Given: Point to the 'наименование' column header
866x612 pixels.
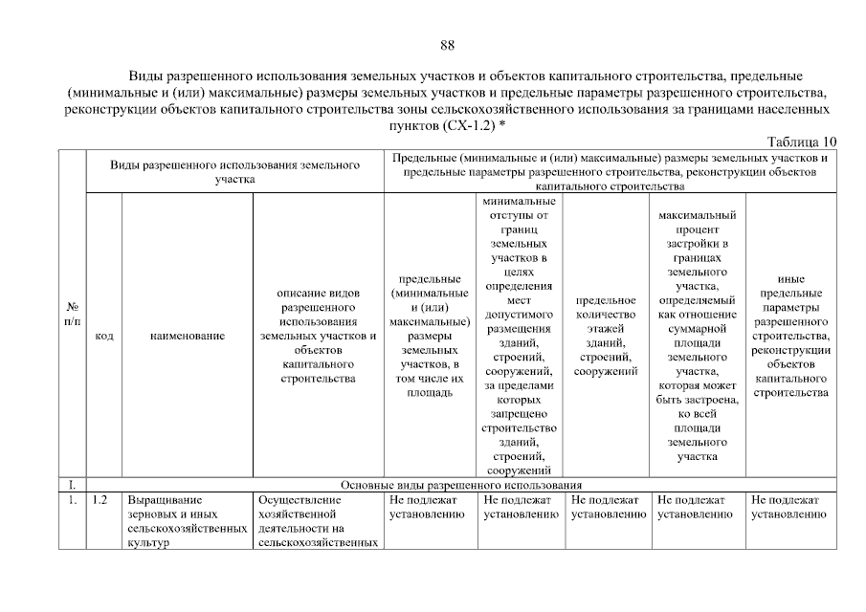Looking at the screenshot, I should [188, 337].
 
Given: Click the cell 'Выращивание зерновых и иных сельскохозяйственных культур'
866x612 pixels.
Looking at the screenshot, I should [187, 521].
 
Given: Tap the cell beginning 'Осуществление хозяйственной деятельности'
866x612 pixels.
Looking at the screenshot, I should [319, 521].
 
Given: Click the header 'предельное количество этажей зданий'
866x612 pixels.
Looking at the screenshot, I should [607, 336].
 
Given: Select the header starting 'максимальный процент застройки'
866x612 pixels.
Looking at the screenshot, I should [697, 336].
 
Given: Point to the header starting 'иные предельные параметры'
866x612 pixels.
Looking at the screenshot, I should [790, 336].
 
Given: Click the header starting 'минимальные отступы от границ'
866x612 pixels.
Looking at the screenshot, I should [518, 336].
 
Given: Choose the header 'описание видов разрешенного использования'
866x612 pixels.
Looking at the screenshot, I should [319, 336].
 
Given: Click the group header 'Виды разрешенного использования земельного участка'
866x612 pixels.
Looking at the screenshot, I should [234, 171].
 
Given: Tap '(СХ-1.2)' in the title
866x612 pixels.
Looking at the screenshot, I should [467, 125].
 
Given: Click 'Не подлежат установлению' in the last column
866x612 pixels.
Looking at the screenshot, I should [788, 507].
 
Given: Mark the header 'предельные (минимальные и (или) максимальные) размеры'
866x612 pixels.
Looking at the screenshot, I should [430, 336].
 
